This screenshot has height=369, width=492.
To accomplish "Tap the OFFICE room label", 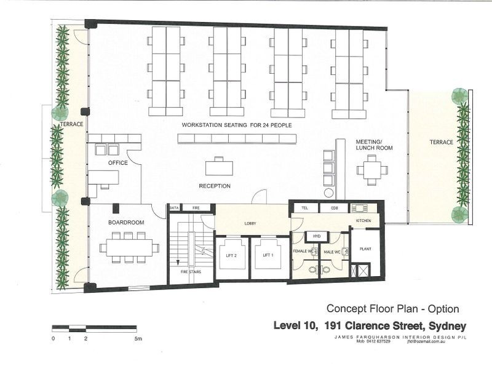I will click(x=117, y=163).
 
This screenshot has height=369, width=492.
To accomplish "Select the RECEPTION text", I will click(x=215, y=186).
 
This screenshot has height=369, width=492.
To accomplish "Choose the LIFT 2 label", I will click(x=232, y=255).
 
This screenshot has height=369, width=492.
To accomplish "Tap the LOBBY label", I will click(x=250, y=223).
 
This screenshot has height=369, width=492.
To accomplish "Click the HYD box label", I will click(x=317, y=236).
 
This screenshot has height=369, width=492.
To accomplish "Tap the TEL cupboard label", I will click(x=305, y=208).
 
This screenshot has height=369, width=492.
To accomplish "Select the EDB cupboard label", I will click(x=335, y=208).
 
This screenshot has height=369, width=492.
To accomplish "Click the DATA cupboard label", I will click(x=174, y=208).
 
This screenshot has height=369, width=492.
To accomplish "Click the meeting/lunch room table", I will click(x=372, y=170).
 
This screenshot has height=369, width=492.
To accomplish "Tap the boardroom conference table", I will click(x=130, y=247).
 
